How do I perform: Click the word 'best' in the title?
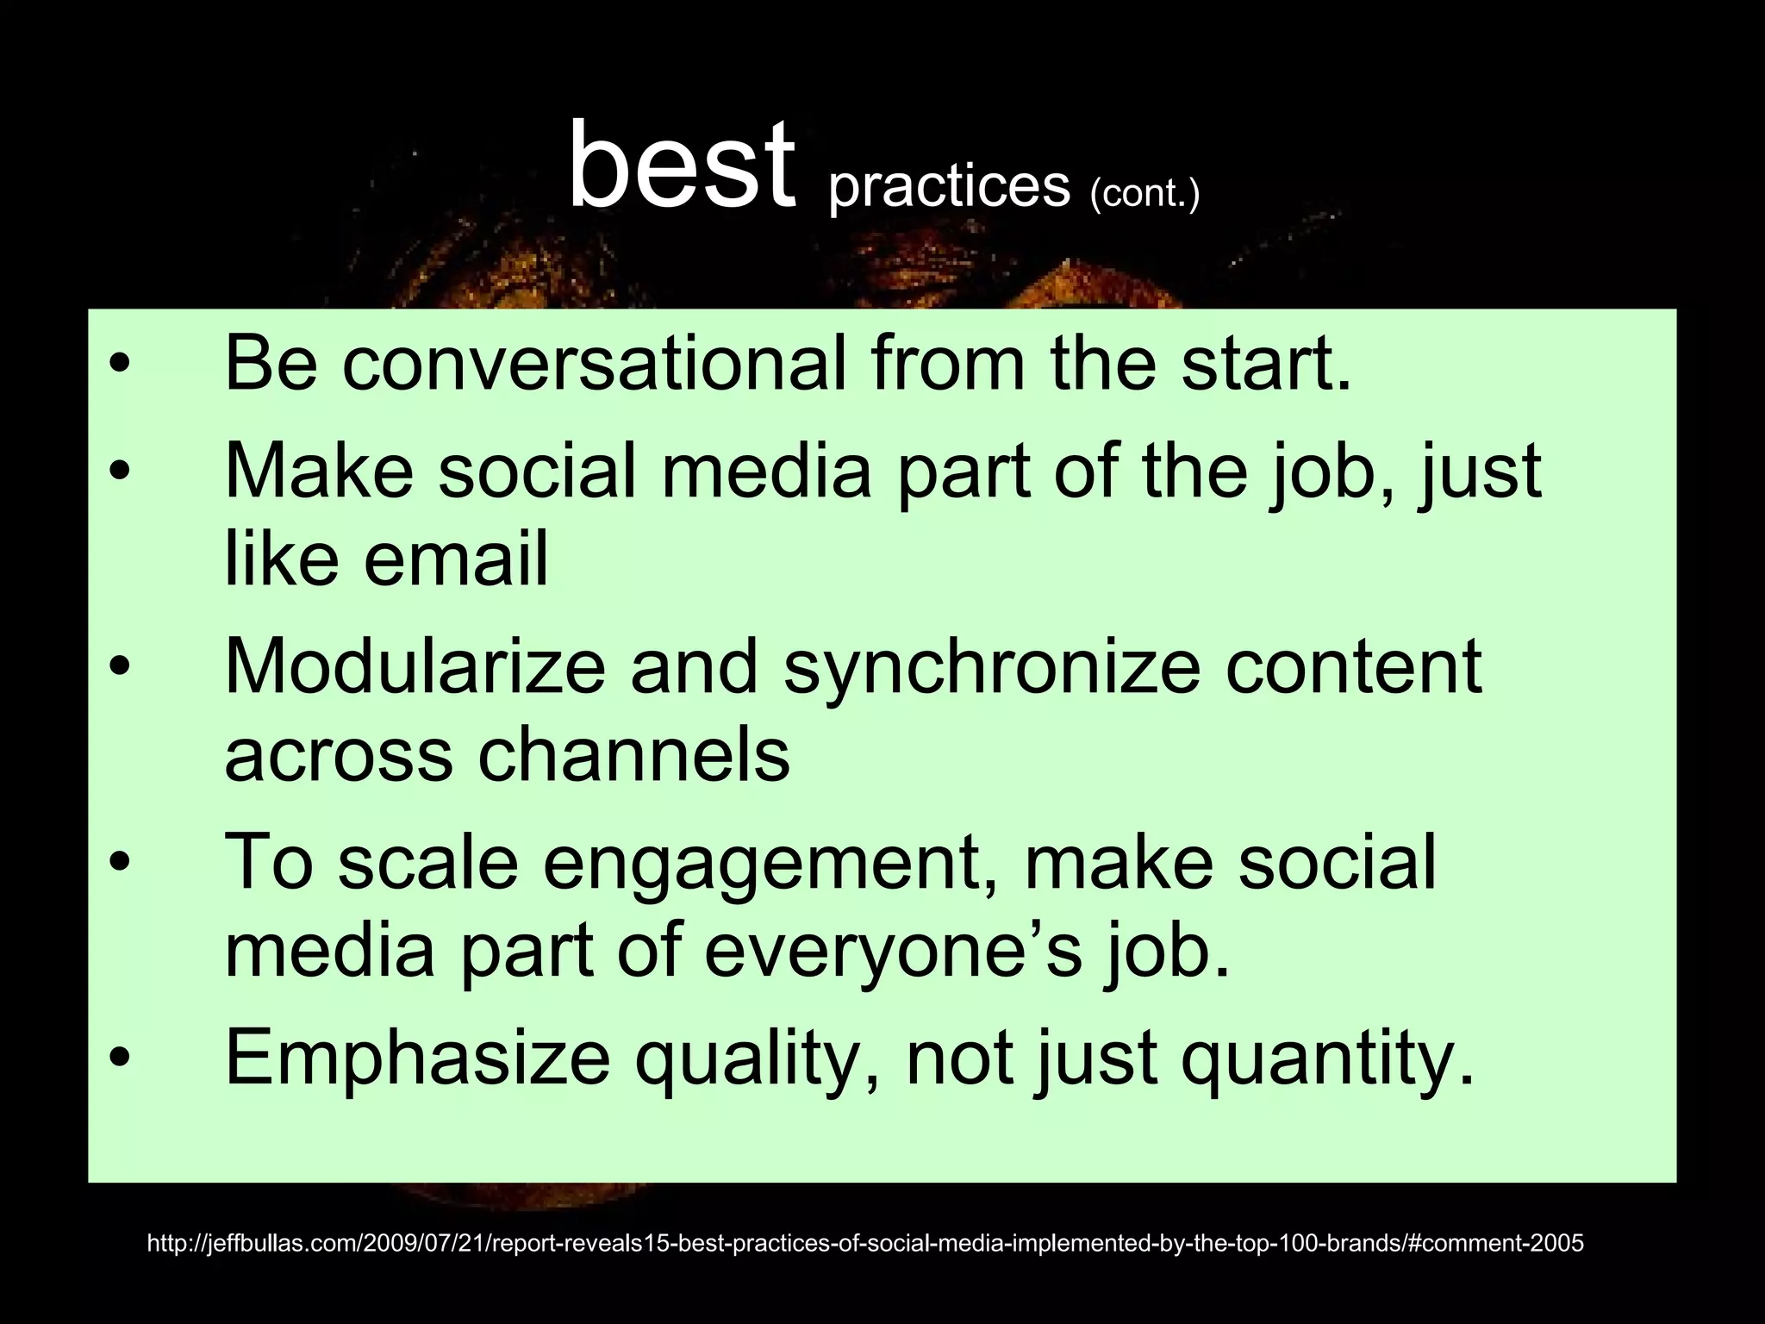click(x=681, y=165)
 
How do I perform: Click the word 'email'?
click(x=455, y=559)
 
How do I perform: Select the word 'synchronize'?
click(x=991, y=668)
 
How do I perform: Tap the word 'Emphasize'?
click(x=417, y=1058)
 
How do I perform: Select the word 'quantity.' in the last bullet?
click(x=1328, y=1059)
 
